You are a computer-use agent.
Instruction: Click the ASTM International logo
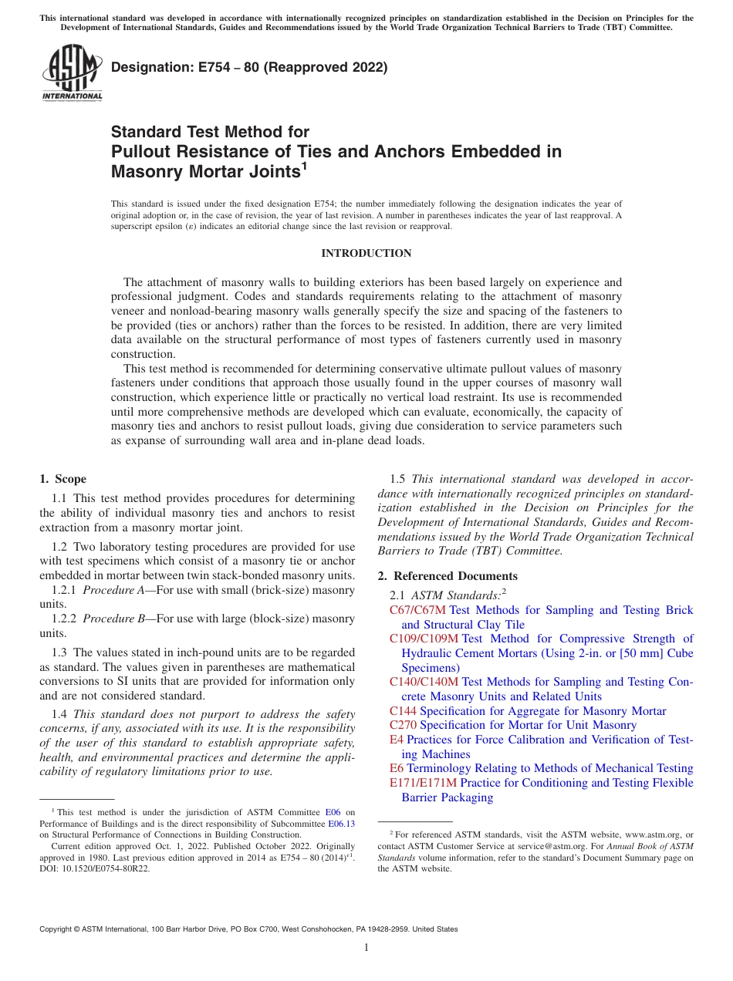pyautogui.click(x=72, y=73)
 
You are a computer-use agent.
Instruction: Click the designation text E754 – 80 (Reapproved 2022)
pyautogui.click(x=249, y=68)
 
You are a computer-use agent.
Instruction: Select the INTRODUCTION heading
pyautogui.click(x=366, y=254)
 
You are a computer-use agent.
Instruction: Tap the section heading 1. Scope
pyautogui.click(x=62, y=479)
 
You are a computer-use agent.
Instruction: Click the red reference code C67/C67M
pyautogui.click(x=417, y=610)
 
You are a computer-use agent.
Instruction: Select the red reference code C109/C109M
pyautogui.click(x=424, y=639)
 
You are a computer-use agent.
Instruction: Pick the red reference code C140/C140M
pyautogui.click(x=424, y=682)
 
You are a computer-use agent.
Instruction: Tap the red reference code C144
pyautogui.click(x=403, y=711)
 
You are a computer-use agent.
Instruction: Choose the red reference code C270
pyautogui.click(x=403, y=725)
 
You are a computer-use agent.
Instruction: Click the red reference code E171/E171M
pyautogui.click(x=424, y=783)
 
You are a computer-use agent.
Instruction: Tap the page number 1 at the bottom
pyautogui.click(x=366, y=948)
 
